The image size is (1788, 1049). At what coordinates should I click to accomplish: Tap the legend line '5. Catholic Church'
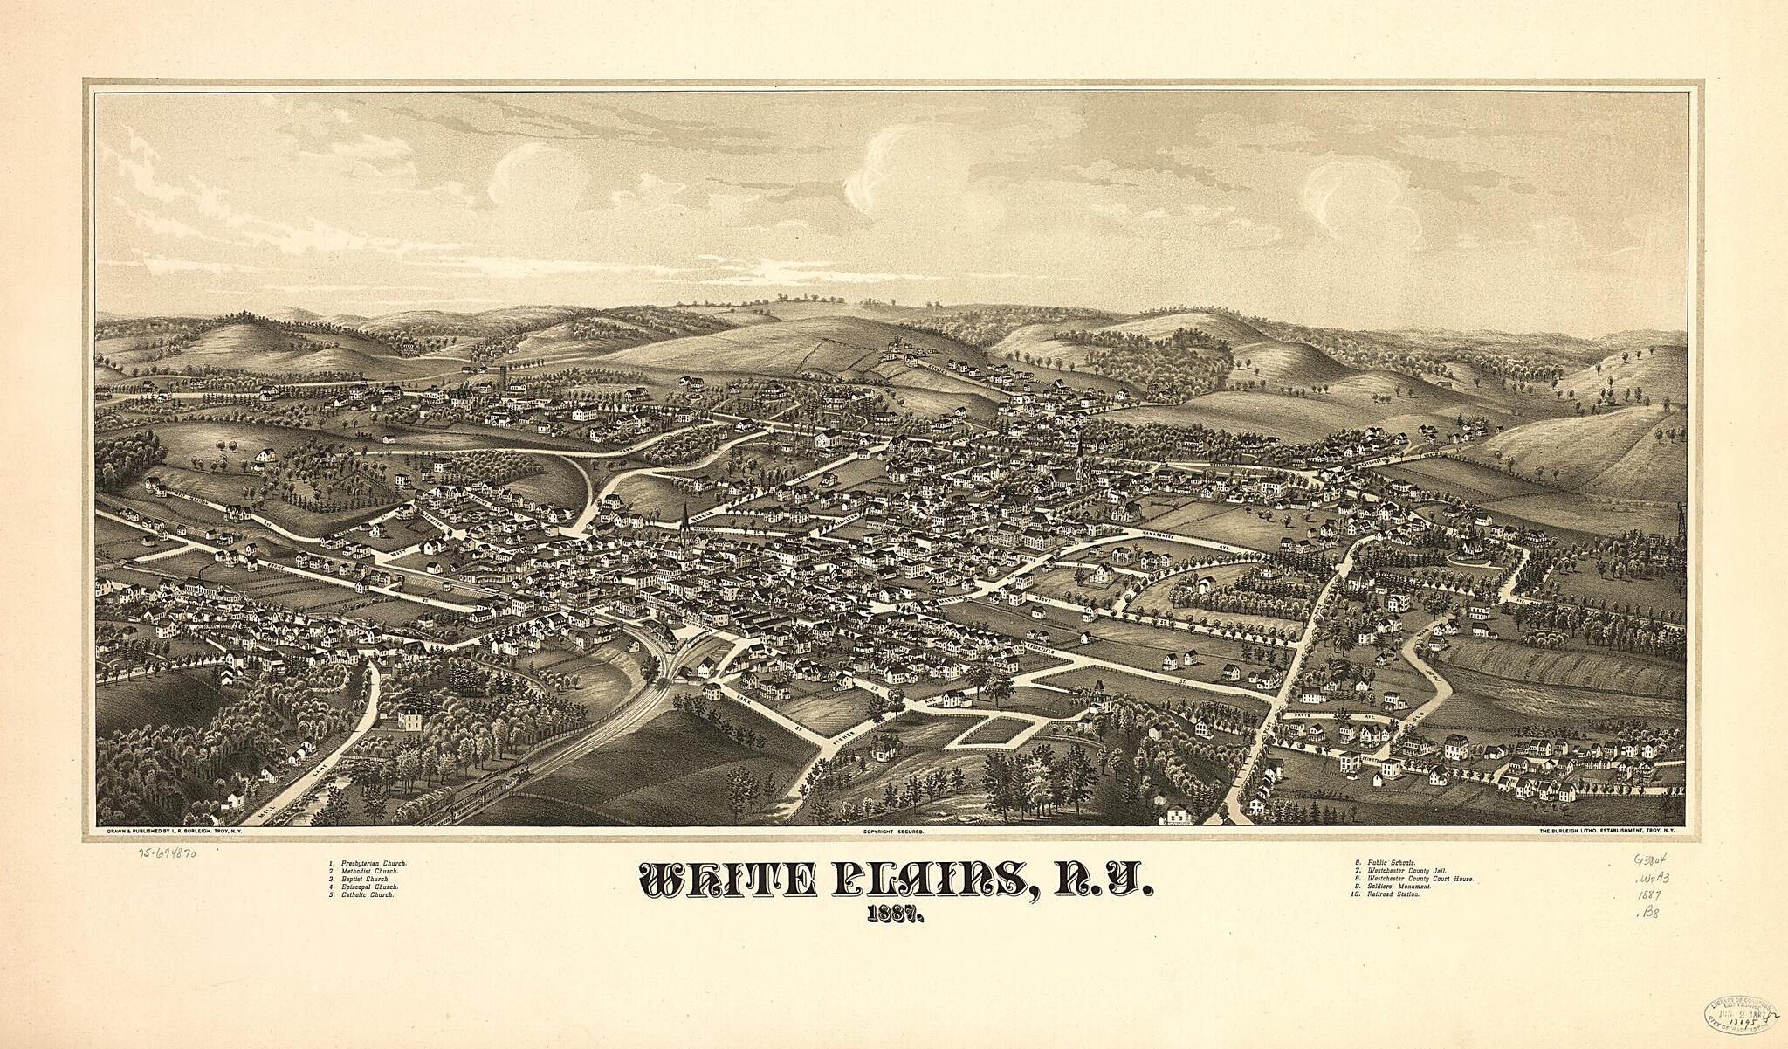click(363, 895)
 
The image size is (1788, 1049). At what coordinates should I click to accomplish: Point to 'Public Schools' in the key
click(1383, 863)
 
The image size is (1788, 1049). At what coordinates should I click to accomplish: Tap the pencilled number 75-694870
click(166, 852)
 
